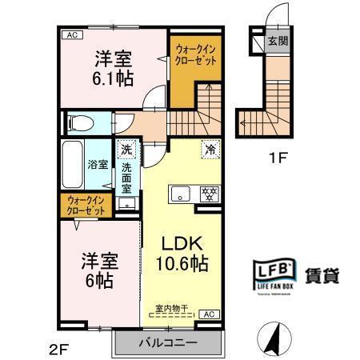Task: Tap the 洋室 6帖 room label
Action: (95, 271)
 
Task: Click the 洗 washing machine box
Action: (126, 150)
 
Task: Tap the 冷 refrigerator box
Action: (210, 148)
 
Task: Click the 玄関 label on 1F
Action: (278, 41)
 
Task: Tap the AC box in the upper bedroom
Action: (71, 34)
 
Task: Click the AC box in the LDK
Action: (206, 314)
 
